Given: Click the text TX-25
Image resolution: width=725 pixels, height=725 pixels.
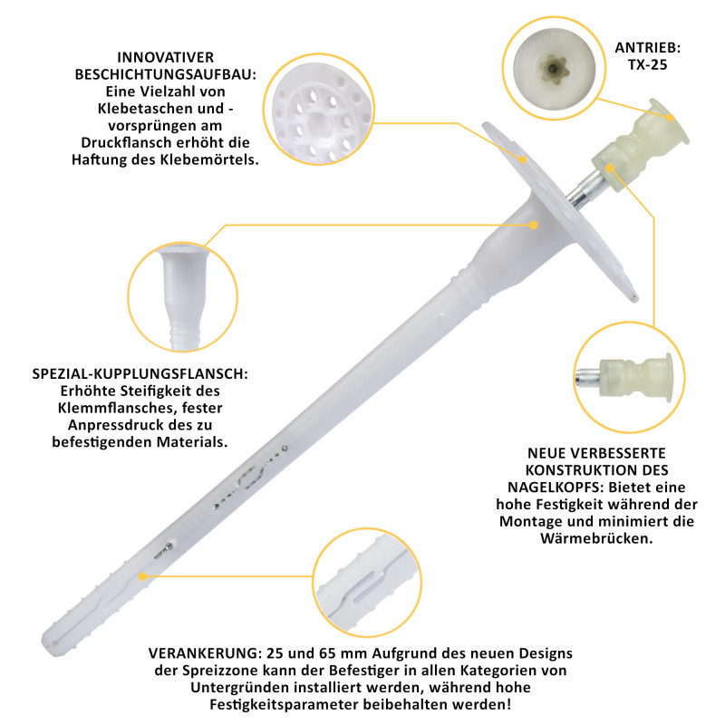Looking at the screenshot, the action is (x=647, y=64).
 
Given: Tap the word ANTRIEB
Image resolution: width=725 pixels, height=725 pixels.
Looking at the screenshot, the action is (x=647, y=48).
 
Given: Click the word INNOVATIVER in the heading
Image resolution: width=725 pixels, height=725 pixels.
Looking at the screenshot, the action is (x=166, y=57).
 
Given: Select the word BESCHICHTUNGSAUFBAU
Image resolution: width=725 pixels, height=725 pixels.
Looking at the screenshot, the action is (x=166, y=74).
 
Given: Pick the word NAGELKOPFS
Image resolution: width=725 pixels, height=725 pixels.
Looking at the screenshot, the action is (x=556, y=487).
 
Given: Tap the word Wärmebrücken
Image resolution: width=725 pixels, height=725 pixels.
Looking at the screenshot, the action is (x=596, y=538).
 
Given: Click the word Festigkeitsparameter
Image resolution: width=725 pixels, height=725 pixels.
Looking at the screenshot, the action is (x=284, y=705).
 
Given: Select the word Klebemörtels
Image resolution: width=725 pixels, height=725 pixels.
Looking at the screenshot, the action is (x=209, y=159).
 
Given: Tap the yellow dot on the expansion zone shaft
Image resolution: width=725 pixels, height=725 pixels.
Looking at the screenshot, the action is (x=143, y=576).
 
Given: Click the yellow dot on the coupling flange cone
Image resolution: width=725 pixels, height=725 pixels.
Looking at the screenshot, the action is (x=534, y=225).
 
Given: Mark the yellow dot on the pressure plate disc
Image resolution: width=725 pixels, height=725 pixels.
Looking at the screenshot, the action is (x=523, y=159).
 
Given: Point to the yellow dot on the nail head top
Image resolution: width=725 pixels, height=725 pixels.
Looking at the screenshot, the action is (x=671, y=118).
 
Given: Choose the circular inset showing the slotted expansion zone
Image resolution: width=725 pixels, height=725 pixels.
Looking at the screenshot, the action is (x=368, y=583).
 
